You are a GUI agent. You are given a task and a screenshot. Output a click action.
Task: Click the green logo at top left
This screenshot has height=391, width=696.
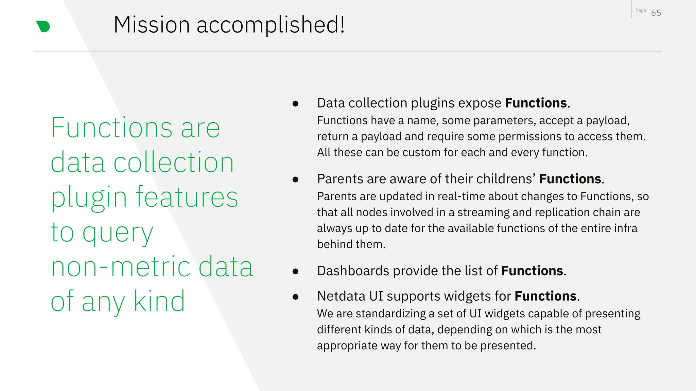[x=43, y=26]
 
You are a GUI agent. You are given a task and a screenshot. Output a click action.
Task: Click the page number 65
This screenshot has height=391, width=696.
[x=656, y=13]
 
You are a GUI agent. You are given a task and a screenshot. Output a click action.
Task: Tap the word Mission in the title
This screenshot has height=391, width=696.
[x=152, y=25]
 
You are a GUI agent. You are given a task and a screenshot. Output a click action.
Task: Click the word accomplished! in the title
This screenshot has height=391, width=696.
[x=271, y=25]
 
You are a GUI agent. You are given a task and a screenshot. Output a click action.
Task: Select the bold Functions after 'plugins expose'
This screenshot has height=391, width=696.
[x=536, y=103]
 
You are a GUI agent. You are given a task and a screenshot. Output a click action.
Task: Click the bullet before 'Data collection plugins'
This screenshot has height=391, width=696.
[x=295, y=104]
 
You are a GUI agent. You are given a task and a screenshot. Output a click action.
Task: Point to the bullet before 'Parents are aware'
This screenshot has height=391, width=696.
[x=295, y=180]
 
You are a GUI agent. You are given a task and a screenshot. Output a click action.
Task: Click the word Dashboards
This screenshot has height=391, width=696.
[x=353, y=271]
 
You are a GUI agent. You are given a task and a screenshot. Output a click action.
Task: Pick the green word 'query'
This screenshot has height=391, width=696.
[x=118, y=234]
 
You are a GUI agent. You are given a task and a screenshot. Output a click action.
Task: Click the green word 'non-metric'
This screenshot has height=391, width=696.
[x=121, y=267]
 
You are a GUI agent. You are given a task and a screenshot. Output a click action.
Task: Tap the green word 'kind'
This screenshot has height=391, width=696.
[x=159, y=301]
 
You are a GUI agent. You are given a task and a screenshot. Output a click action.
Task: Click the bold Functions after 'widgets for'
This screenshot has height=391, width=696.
[x=545, y=296]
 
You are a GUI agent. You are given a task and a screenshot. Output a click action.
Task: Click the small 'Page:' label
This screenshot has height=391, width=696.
[x=641, y=11]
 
